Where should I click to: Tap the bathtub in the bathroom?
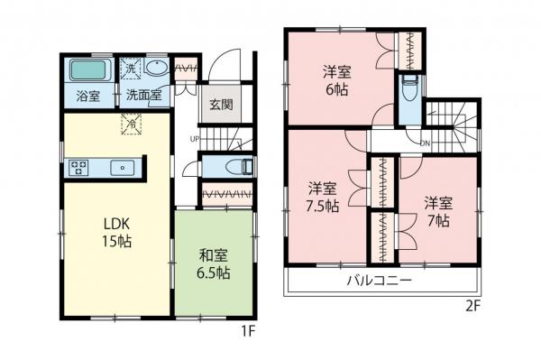point(87,69)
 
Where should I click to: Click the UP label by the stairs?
point(194,138)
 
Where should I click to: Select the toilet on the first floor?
point(241,166)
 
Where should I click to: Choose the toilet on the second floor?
point(410,91)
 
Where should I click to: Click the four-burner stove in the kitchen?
point(78,166)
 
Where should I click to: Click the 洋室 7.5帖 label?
point(323,197)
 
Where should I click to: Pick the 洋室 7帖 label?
point(438,209)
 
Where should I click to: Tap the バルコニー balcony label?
point(380,281)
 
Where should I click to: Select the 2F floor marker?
point(473,305)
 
